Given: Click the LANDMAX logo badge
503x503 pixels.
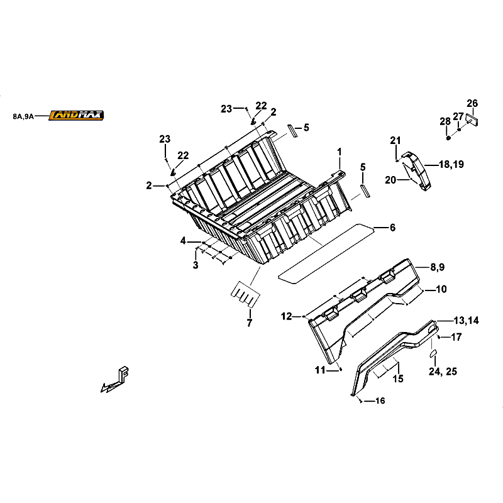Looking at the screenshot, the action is pos(76,115).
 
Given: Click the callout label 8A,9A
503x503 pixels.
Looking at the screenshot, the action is pos(23,116).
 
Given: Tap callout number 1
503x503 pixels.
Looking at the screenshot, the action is pos(340,152).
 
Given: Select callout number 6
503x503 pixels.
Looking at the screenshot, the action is pos(392,228).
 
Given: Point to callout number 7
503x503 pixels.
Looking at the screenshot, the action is pos(250,323).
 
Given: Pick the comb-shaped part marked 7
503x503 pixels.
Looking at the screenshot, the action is pos(245,294).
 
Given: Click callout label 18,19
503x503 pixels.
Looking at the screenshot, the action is pos(451,164).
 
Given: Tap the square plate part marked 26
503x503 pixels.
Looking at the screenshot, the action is pos(472,120).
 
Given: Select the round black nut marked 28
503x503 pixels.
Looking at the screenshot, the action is pos(448,138).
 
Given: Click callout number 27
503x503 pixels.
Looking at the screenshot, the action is pos(458,116).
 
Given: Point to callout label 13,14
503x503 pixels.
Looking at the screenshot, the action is pos(467,320).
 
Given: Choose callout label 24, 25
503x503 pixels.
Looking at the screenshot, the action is pos(443,371).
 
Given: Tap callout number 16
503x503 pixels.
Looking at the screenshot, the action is pos(380,401).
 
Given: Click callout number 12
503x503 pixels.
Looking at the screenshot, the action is pos(287,317).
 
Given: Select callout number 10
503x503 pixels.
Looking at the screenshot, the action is pos(441,289).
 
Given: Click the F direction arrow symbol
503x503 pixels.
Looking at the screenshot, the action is pos(115,380).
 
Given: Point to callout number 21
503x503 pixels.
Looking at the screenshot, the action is pos(395,140).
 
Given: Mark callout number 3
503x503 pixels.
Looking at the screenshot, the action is pos(196,265).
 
